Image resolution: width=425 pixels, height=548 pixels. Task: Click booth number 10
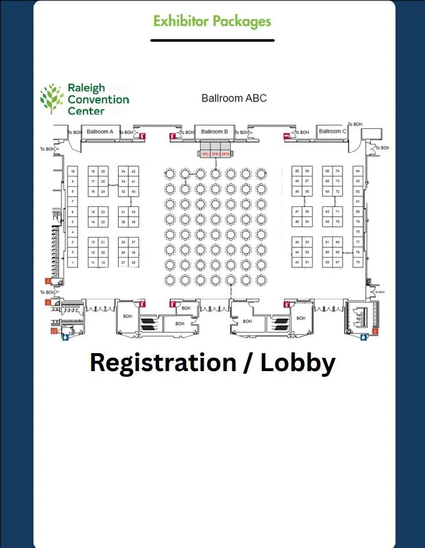pos(73,171)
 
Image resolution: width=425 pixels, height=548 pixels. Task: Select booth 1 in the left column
pos(73,263)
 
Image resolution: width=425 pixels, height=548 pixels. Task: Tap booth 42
pos(134,171)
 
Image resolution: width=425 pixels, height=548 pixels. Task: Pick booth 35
pos(134,263)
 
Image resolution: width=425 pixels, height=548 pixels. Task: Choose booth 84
pos(358,171)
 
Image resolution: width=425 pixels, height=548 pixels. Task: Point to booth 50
pos(297,171)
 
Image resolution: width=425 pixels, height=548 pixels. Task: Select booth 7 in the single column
pos(73,201)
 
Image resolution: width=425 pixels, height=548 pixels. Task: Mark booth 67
pos(338,263)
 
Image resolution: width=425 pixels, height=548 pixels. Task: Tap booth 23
pos(103,212)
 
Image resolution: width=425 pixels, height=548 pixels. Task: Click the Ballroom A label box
pos(100,132)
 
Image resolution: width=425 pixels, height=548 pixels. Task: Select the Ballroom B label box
pos(215,132)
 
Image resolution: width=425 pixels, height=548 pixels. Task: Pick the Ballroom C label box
pos(332,131)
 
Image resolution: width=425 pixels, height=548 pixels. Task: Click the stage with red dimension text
pos(215,153)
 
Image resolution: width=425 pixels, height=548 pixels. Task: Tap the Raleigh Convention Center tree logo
pos(51,98)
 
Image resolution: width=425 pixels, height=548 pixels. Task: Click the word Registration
pos(162,362)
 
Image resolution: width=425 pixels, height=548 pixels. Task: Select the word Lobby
pos(298,362)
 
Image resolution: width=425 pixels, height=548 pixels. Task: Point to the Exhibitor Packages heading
pos(212,21)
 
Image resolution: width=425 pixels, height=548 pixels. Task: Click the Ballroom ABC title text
pos(234,98)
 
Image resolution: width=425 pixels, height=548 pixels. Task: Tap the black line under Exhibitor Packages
pos(212,40)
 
